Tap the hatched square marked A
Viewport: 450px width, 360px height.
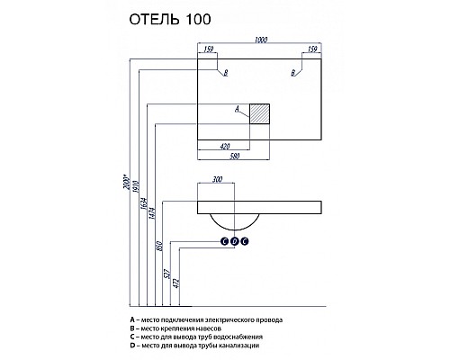click(x=259, y=112)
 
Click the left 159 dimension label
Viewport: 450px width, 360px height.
click(x=209, y=50)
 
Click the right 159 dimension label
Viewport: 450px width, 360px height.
click(x=312, y=50)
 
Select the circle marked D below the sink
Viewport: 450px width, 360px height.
click(x=234, y=241)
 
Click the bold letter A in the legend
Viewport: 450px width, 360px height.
click(x=131, y=320)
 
